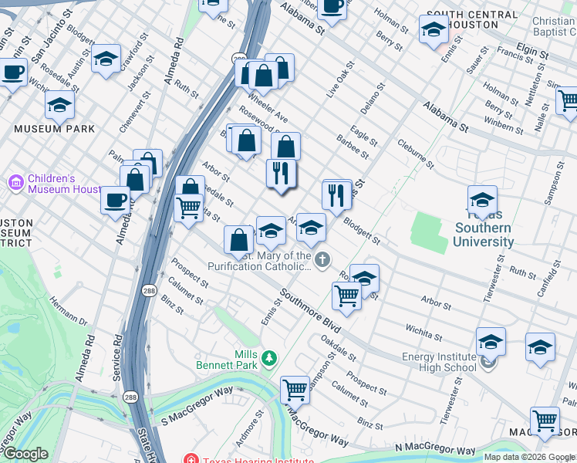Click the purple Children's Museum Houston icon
coord(15,183)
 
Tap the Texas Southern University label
coord(484,228)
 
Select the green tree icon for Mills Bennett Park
coord(268,357)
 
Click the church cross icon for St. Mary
coord(322,259)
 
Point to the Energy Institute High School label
coord(439,362)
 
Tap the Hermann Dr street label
coord(69,315)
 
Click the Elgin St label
coord(532,56)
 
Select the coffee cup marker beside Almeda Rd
coord(115,200)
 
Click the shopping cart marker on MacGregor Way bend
coord(295,390)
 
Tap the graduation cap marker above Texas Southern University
coord(482,199)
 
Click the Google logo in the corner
coord(25,453)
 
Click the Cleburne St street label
coord(416,154)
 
